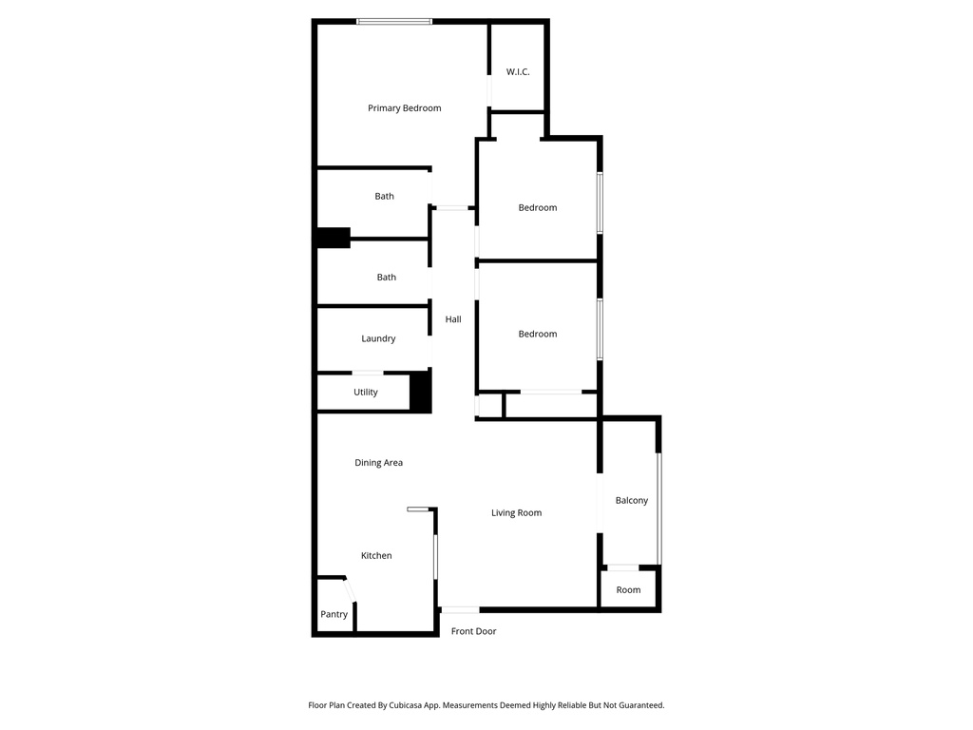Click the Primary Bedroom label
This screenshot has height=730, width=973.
[x=404, y=108]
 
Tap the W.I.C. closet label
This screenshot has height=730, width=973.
[x=518, y=72]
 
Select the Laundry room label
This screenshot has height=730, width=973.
[x=378, y=339]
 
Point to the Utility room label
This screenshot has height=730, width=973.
[x=366, y=393]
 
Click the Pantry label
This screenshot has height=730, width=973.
[x=334, y=615]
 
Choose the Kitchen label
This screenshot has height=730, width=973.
[x=376, y=556]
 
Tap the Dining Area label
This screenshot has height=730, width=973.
[x=378, y=463]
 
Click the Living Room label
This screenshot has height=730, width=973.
[x=516, y=513]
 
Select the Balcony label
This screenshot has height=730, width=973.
[x=632, y=501]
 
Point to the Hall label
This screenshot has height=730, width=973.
[x=453, y=319]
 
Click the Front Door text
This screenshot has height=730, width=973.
[x=473, y=631]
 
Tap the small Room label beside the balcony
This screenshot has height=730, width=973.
[x=628, y=590]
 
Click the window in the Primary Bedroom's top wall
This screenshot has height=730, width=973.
[x=394, y=21]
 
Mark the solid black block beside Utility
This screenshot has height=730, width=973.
[x=421, y=392]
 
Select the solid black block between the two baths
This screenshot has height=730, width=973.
[x=334, y=238]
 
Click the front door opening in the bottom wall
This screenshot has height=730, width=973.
[x=460, y=609]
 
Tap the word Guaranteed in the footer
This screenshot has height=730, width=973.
[x=639, y=705]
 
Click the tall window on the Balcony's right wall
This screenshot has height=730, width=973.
[x=659, y=509]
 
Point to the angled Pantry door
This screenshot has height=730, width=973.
[x=350, y=590]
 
